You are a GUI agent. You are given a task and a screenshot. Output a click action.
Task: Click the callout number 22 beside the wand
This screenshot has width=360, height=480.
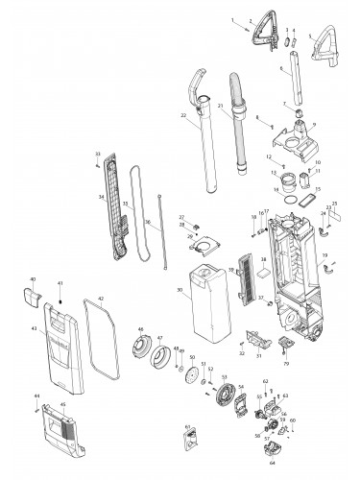point(182,115)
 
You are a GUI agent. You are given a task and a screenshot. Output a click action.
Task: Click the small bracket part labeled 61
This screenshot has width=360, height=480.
point(191,441)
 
